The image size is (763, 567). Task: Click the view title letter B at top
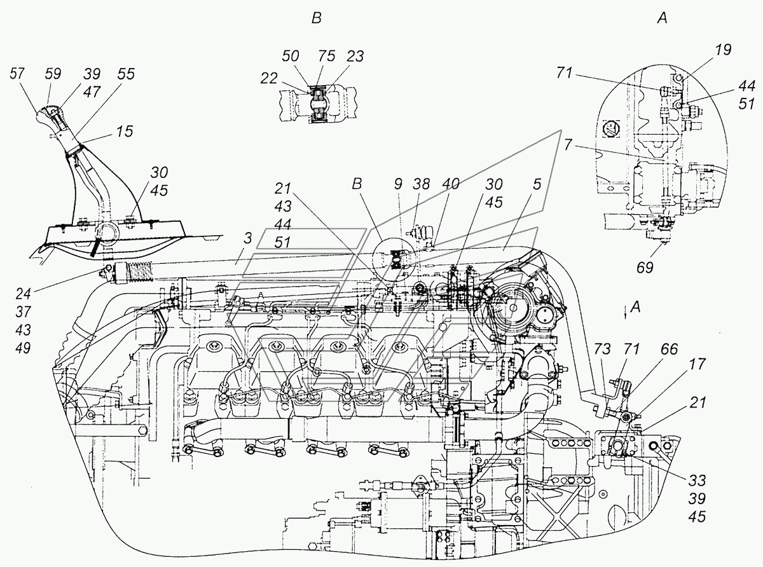316,19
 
